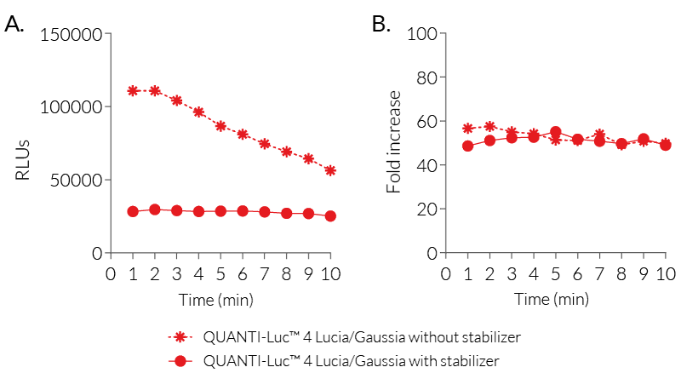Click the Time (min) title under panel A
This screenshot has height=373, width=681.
point(215,299)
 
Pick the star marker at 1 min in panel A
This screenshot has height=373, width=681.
point(133,90)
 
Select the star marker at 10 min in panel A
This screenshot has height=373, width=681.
point(330,170)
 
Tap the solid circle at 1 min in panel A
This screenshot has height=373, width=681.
point(133,211)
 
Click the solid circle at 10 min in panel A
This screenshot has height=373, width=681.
point(330,216)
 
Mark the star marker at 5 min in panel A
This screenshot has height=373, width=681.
point(220,126)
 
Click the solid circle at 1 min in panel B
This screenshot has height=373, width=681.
point(467,146)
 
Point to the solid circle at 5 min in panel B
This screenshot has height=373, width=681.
point(556,132)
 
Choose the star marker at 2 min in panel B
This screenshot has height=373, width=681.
point(489,126)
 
